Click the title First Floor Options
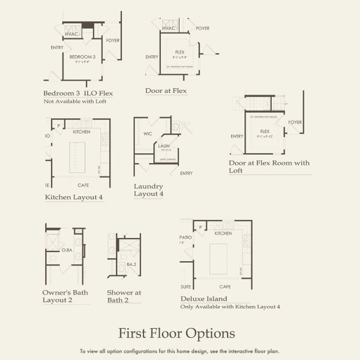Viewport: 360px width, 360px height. pyautogui.click(x=176, y=333)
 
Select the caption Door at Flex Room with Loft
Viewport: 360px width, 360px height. pyautogui.click(x=269, y=166)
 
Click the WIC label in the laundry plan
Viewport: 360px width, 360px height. pyautogui.click(x=148, y=134)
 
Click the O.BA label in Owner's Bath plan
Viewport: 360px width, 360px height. pyautogui.click(x=67, y=250)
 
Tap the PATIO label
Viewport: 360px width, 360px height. pyautogui.click(x=185, y=238)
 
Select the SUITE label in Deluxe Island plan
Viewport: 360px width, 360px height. pyautogui.click(x=186, y=287)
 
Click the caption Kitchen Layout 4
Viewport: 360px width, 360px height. pyautogui.click(x=74, y=197)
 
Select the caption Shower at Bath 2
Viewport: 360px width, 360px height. pyautogui.click(x=124, y=296)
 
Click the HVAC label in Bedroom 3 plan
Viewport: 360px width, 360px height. pyautogui.click(x=72, y=34)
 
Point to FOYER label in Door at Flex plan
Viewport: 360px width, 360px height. pyautogui.click(x=203, y=28)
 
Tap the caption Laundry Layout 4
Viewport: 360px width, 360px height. pyautogui.click(x=148, y=190)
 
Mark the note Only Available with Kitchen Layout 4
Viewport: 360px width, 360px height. pyautogui.click(x=230, y=307)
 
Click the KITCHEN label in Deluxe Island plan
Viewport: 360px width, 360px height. pyautogui.click(x=223, y=233)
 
